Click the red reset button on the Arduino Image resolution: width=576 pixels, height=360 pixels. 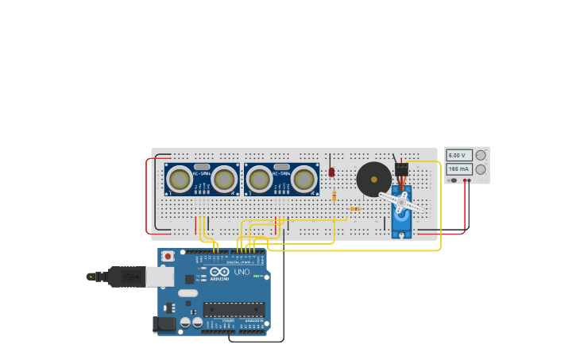pos(168,256)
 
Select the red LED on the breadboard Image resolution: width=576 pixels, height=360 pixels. pos(331,172)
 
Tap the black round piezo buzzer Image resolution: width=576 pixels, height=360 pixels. pos(373,180)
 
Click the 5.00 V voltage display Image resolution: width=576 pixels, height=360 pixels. pos(459,156)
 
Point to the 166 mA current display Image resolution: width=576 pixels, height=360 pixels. pos(459,169)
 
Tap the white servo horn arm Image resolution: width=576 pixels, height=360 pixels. pos(402,202)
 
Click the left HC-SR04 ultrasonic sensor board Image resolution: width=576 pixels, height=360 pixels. pos(202,180)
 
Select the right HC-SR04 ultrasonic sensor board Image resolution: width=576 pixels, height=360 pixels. pos(281,180)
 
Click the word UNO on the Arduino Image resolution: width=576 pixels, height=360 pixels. pos(242,273)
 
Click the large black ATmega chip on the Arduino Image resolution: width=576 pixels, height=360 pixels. pos(234,308)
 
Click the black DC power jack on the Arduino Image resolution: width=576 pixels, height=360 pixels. pos(164,323)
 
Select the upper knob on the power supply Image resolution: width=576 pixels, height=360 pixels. pos(481,156)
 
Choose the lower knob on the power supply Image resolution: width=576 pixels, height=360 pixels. pos(481,169)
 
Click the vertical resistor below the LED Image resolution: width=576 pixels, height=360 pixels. pos(334,195)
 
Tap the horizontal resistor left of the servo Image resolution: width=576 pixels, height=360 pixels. pos(355,209)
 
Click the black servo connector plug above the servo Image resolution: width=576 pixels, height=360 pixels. pos(401,169)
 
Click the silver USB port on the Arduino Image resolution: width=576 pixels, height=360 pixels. pos(160,277)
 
